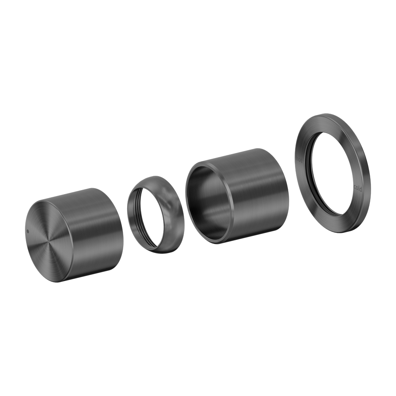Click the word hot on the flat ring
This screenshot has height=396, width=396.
click(299, 160)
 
